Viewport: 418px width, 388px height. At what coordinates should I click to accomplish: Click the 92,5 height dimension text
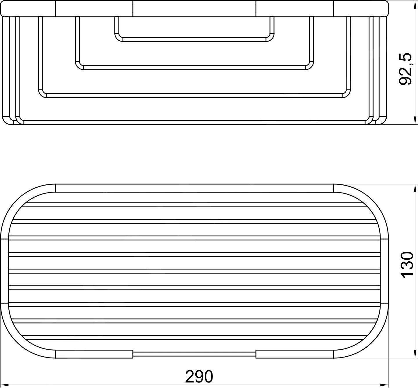tap(406, 69)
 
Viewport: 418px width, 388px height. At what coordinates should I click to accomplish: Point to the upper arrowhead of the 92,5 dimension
tap(415, 4)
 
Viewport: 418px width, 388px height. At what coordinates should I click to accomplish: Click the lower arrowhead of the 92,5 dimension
tap(415, 121)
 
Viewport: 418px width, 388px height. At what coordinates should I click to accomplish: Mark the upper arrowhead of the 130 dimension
tap(415, 188)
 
